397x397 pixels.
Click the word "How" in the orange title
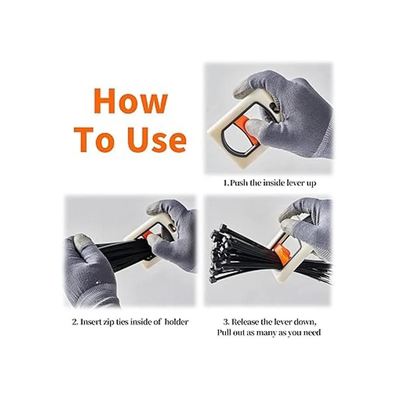130,101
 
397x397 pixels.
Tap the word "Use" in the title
156,140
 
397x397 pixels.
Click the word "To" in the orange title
95,140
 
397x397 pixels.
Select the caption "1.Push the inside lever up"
270,183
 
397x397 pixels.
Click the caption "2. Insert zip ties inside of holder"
130,322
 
